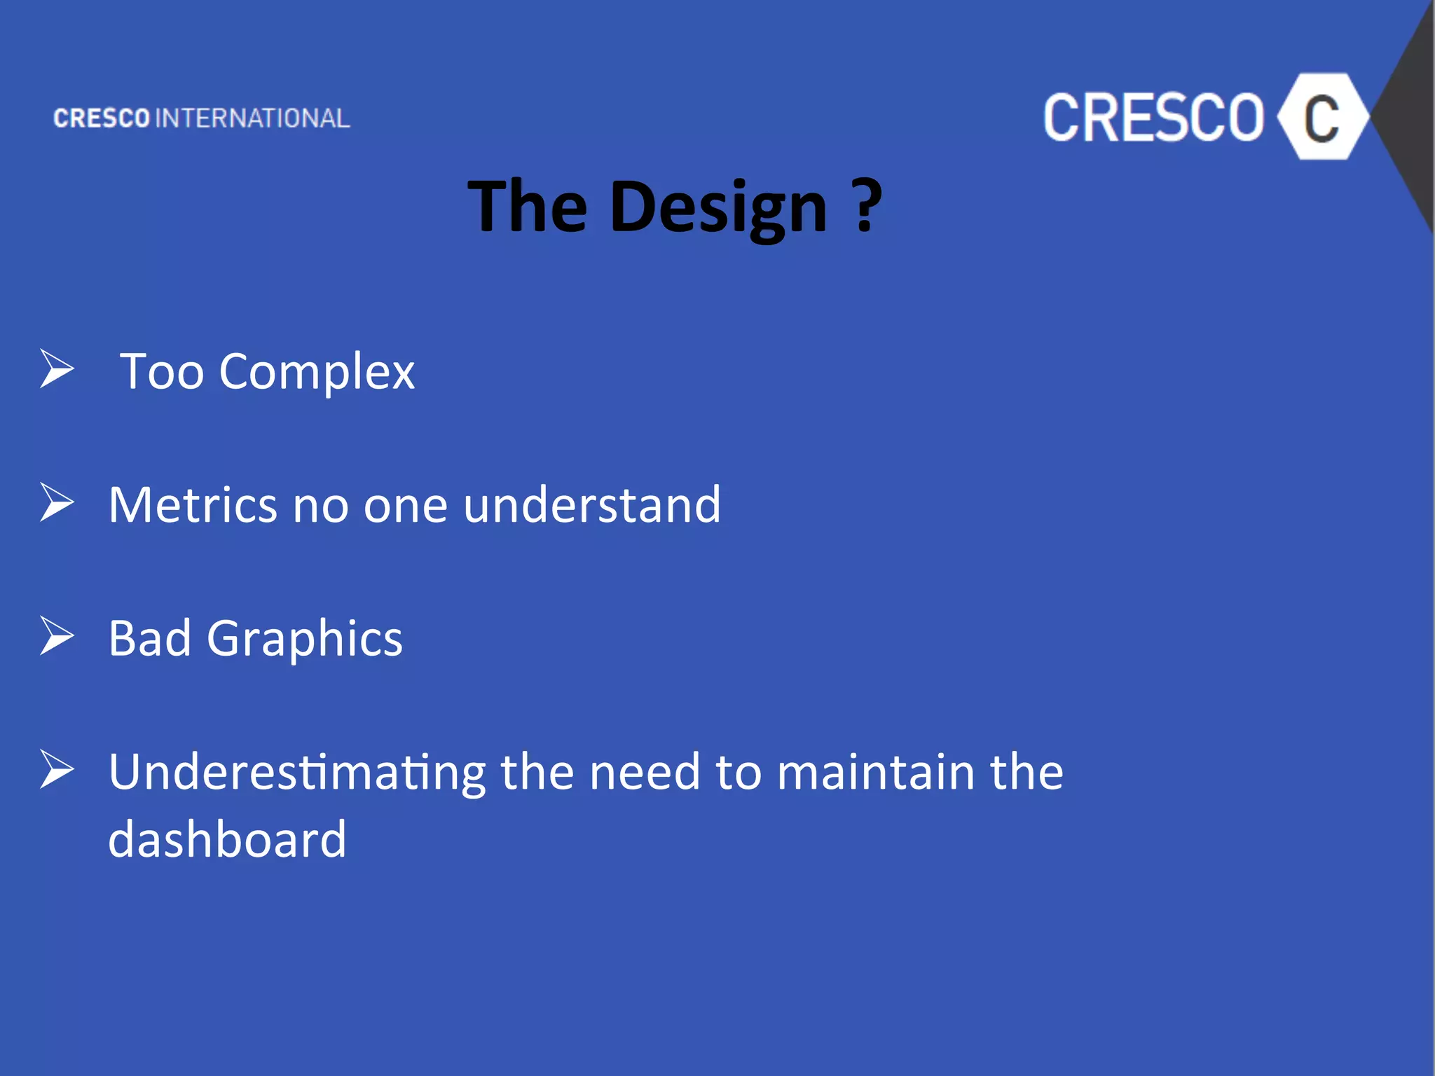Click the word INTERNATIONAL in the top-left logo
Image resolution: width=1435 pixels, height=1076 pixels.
pos(252,118)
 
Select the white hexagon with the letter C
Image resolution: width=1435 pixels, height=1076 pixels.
pos(1321,117)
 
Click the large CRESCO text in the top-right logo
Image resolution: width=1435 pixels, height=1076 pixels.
pos(1153,118)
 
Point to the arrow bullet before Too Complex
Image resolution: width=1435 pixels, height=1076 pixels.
pos(57,368)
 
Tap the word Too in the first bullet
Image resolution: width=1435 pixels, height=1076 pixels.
pos(162,371)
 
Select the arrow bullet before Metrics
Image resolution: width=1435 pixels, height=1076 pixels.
pos(57,502)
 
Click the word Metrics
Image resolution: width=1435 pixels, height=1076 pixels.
pos(193,504)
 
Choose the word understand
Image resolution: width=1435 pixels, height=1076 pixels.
pos(592,504)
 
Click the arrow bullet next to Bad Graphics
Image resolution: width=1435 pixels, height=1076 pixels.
pos(57,635)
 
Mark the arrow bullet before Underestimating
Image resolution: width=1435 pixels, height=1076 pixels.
pos(57,769)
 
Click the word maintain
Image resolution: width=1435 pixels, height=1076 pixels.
pos(876,771)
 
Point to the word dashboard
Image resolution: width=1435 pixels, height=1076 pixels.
pos(228,839)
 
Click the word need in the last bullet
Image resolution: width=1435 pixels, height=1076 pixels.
pos(645,771)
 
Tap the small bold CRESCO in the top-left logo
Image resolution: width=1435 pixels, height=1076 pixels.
pos(102,118)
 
